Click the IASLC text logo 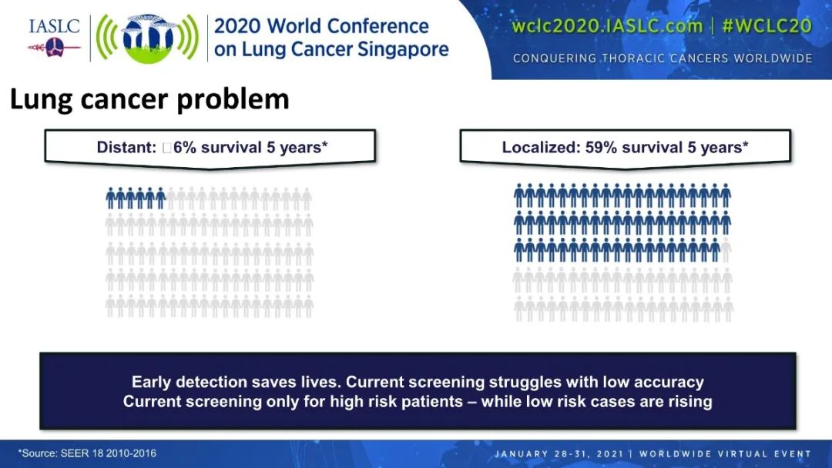(x=54, y=26)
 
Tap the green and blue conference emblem (x=147, y=38)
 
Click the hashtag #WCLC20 (x=767, y=25)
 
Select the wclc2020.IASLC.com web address (x=607, y=25)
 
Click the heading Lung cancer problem (x=149, y=99)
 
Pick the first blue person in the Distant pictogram (x=111, y=198)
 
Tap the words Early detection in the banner (x=189, y=382)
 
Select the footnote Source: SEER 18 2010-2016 (x=88, y=453)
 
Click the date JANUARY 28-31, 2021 (x=559, y=453)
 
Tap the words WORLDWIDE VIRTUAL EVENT (x=726, y=453)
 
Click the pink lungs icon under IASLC (x=54, y=48)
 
